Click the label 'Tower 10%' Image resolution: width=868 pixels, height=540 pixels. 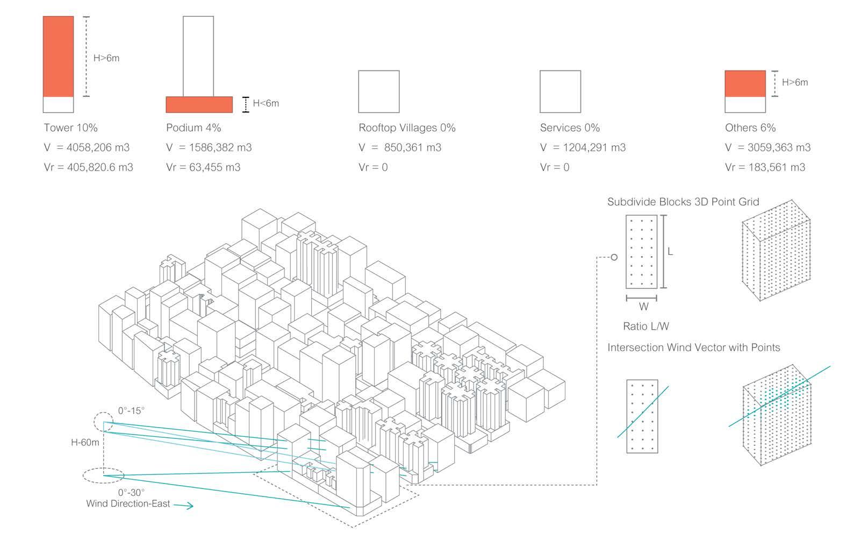point(70,128)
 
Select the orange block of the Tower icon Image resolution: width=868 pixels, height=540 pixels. point(58,56)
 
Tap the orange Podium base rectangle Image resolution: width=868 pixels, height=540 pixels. point(199,104)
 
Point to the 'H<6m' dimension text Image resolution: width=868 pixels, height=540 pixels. point(266,103)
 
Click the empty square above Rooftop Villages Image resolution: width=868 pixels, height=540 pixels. point(378,91)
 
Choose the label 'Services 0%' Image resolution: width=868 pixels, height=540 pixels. point(569,128)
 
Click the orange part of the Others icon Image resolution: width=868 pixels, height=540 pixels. point(745,83)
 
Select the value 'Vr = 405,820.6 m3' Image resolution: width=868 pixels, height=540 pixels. point(88,167)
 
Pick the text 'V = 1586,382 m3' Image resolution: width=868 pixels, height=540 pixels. point(209,148)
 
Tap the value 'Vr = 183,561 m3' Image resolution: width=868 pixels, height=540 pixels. point(765,167)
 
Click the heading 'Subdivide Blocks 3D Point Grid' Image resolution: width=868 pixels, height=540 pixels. point(683,202)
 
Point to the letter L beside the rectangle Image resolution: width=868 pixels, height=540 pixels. point(670,252)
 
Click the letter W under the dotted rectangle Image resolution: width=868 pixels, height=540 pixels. point(643,307)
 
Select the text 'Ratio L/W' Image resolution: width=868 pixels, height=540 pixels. point(645,326)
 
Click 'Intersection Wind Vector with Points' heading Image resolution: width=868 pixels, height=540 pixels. point(693,347)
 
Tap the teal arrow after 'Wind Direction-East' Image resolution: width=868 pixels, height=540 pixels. point(183,506)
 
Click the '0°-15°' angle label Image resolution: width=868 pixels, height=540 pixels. point(131,411)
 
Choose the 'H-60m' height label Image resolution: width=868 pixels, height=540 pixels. point(85,443)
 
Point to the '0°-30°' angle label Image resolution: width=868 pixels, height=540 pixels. point(131,492)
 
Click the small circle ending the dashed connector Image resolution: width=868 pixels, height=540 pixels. point(614,257)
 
